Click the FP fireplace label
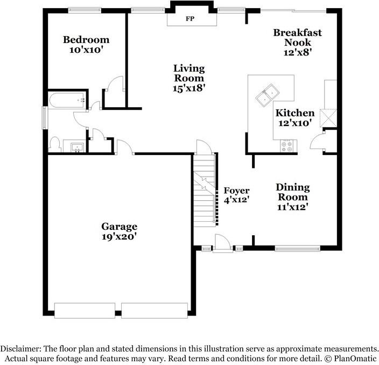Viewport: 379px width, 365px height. coord(189,19)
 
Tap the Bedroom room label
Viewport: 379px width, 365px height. coord(86,40)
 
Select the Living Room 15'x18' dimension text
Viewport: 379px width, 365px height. coord(189,88)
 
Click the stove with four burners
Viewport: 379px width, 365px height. coord(287,144)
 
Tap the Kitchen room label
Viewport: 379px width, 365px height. coord(294,113)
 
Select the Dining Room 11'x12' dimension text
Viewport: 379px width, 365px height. coord(293,207)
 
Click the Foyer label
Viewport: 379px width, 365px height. coord(236,191)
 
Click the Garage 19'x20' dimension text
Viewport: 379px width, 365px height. coord(119,236)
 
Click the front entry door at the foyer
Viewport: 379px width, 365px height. coord(222,246)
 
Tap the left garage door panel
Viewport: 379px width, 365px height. coord(85,310)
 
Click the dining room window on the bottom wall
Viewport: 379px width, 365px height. coord(297,248)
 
